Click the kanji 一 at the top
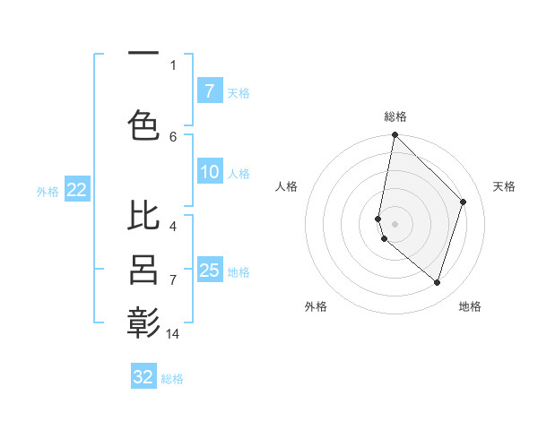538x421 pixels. pos(143,55)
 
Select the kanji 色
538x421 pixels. pos(143,124)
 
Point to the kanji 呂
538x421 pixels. pos(143,271)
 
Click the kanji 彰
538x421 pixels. pos(143,322)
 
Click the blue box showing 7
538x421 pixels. pos(209,91)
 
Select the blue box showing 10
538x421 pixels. pos(210,173)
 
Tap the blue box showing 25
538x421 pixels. pos(210,271)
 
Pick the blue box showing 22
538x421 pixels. pos(76,190)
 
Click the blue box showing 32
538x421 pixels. pos(143,377)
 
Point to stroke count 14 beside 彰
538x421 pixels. pos(173,334)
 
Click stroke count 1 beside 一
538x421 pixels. pos(173,64)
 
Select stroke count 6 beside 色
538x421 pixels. pos(173,136)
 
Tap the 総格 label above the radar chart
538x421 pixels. pos(395,116)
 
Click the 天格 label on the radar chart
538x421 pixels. pos(504,186)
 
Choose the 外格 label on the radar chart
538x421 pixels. pos(316,306)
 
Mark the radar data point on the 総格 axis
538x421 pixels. pos(395,134)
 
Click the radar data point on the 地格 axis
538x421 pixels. pos(437,282)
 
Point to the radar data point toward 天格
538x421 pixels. pos(463,202)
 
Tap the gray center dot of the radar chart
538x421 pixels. pos(395,223)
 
